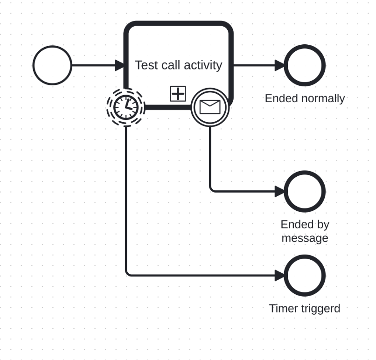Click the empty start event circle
point(52,65)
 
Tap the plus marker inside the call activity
point(178,94)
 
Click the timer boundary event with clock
point(125,107)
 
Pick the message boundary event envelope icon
point(210,107)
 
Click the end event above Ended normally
point(304,65)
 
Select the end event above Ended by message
point(304,191)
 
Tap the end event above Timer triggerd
point(304,275)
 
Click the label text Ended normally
point(305,98)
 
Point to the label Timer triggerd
point(305,308)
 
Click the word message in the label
point(305,238)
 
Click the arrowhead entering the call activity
point(120,65)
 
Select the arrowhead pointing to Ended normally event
point(280,65)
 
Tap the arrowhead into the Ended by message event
point(280,191)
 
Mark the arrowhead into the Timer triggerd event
point(280,275)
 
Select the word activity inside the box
point(202,65)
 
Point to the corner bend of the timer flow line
point(127,274)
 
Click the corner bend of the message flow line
point(211,190)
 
